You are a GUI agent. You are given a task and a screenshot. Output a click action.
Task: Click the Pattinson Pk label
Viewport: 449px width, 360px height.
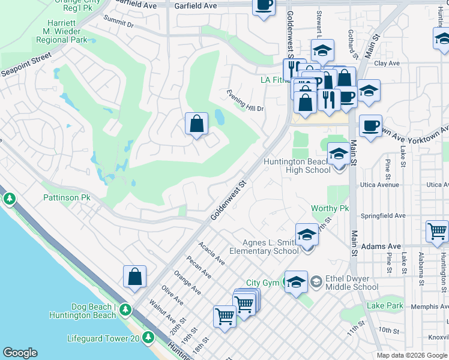pos(67,197)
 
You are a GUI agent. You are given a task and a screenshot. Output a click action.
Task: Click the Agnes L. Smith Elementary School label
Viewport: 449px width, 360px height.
pos(264,247)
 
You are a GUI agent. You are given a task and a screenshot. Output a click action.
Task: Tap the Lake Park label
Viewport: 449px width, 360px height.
pos(385,305)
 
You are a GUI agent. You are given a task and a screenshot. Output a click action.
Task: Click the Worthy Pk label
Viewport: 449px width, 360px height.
pos(330,208)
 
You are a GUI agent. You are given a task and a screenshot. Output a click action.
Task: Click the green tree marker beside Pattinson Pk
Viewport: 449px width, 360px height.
pos(9,197)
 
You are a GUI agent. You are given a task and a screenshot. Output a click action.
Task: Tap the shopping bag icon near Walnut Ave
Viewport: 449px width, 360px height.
pos(135,277)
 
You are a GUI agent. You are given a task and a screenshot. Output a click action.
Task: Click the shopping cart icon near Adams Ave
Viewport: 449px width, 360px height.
pos(438,230)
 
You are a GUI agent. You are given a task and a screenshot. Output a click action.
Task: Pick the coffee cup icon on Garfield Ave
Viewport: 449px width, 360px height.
pos(264,6)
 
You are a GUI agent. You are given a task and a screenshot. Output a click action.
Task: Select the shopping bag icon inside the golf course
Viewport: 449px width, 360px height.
pos(196,124)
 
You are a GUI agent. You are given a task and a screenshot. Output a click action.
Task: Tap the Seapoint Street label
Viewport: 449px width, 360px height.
pos(26,65)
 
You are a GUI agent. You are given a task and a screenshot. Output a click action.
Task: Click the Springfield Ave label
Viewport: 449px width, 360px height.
pos(382,215)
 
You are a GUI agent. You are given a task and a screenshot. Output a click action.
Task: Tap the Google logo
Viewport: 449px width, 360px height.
pos(20,353)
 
